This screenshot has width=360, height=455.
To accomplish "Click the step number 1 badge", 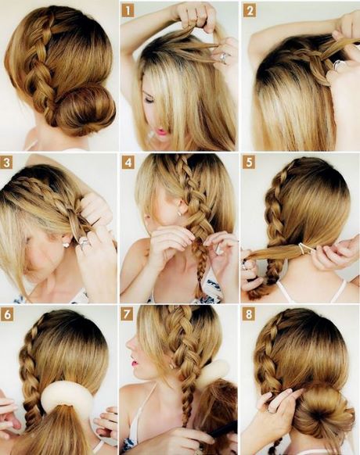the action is (128, 11).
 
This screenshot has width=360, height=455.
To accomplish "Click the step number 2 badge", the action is (250, 11).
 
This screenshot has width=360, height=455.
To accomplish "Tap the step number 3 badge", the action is (6, 163).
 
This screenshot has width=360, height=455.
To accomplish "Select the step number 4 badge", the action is (128, 163).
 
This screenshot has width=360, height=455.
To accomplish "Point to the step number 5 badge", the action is (249, 163).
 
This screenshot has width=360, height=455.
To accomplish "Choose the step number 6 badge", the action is (7, 314).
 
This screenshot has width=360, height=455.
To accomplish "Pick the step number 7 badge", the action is (127, 314).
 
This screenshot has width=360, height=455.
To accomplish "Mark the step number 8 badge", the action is (249, 314).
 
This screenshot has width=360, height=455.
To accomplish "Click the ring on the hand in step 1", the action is (223, 57).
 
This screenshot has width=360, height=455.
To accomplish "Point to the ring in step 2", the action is (338, 65).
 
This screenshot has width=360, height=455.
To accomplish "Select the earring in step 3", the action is (66, 245).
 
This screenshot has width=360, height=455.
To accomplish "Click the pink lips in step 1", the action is (161, 132).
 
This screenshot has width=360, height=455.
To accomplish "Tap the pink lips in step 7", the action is (135, 363).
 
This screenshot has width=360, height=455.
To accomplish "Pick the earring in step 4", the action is (179, 213).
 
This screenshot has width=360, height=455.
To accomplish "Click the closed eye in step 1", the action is (150, 100).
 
